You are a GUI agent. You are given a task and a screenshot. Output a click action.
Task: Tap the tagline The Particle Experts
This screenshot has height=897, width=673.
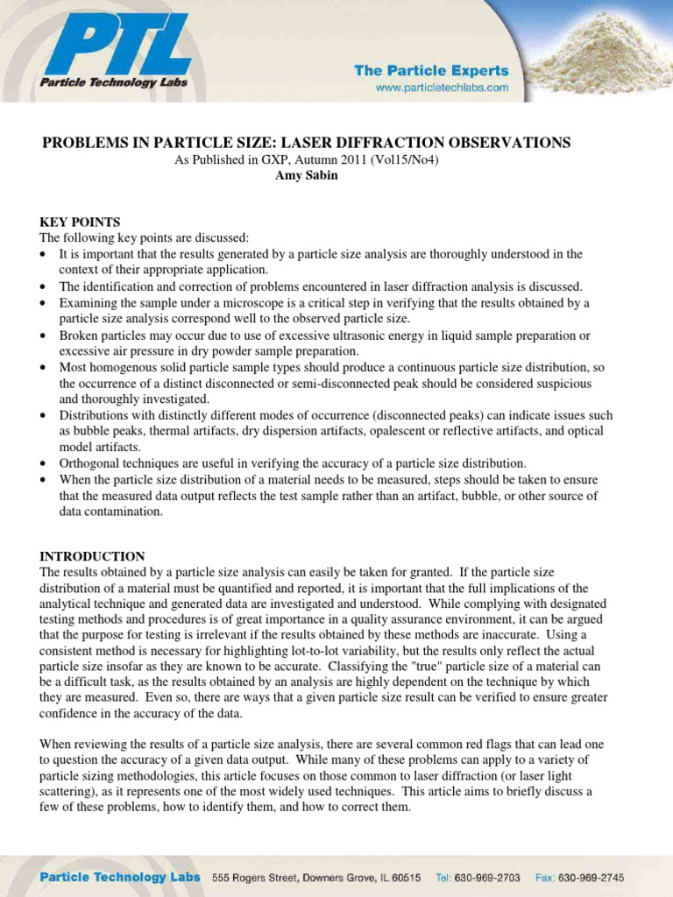[x=431, y=70]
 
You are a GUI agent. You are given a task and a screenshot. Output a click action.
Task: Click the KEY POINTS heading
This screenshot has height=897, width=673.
[x=80, y=222]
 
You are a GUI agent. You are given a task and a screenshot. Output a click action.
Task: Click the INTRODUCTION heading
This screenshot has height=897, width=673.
[x=92, y=556]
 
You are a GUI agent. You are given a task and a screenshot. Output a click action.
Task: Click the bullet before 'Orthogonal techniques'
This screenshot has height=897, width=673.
[x=45, y=463]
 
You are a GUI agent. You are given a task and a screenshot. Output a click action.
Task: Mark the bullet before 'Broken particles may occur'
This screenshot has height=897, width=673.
[x=45, y=335]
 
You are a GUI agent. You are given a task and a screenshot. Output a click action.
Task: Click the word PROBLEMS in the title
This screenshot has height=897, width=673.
[x=85, y=143]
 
